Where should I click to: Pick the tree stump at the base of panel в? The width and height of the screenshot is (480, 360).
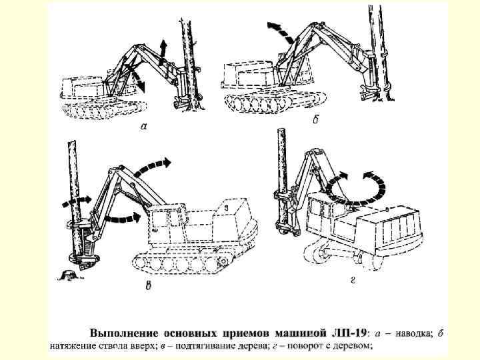pos(69,273)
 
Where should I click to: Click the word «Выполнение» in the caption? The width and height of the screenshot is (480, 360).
pos(123,332)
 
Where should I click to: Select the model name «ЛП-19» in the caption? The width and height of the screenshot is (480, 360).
pos(349,332)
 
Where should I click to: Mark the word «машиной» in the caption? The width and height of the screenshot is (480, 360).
pos(303,332)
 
